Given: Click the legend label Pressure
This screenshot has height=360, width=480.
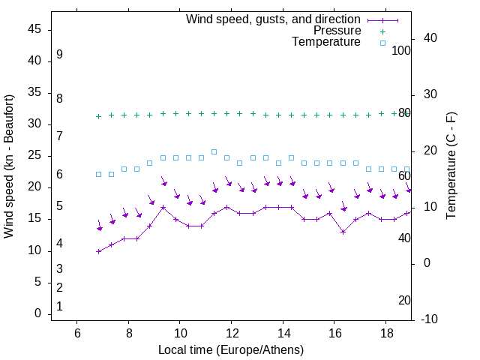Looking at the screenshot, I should click(337, 31).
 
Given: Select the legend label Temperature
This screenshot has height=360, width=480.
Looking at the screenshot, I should click(326, 42).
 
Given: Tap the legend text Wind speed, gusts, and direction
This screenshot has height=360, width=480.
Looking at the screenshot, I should click(274, 19).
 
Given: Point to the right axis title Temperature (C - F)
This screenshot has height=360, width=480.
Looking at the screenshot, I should click(451, 166).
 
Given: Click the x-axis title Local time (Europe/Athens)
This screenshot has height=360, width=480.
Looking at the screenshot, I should click(231, 350).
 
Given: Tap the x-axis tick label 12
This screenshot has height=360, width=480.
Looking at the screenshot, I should click(231, 332).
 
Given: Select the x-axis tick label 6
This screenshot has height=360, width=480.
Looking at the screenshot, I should click(76, 332).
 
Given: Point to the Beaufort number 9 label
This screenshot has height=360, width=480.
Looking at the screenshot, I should click(59, 55).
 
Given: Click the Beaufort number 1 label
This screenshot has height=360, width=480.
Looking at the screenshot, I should click(59, 306).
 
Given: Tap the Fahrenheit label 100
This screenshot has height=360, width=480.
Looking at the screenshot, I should click(402, 50).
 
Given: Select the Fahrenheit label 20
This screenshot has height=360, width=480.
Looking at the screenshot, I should click(404, 300).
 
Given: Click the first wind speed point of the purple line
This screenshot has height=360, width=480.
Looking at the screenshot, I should click(98, 251).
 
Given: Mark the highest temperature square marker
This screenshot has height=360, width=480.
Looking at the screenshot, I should click(214, 151).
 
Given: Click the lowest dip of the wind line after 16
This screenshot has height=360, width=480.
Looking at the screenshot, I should click(343, 232).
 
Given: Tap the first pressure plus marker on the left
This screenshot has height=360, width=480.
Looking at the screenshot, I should click(98, 116).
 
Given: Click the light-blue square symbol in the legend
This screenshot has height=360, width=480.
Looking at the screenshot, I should click(382, 43).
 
